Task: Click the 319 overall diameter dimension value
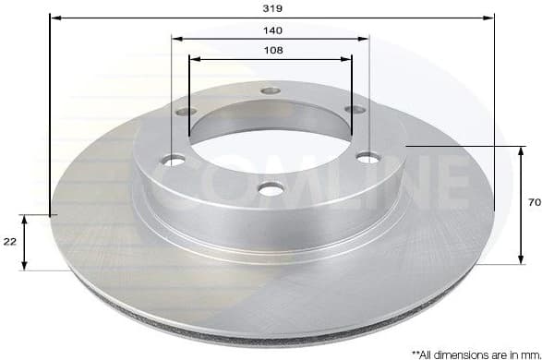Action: [270, 7]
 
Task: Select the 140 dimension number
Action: [271, 30]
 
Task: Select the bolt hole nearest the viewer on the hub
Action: [269, 189]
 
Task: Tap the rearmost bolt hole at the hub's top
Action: [270, 90]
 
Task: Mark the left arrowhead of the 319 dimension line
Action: [53, 18]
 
